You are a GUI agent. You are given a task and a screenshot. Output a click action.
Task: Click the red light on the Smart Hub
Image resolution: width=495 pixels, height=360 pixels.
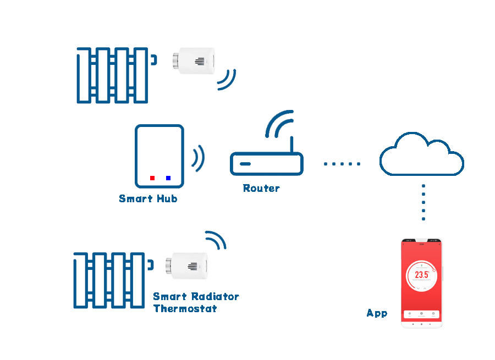(152, 178)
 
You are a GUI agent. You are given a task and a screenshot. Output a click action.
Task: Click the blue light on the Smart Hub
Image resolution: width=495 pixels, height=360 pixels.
(168, 178)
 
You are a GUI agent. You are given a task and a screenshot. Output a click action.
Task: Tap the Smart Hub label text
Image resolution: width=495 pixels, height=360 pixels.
(148, 198)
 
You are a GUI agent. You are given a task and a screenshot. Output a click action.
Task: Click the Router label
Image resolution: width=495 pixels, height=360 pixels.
(261, 188)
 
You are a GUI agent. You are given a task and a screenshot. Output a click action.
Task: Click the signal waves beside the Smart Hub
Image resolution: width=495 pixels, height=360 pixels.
(198, 158)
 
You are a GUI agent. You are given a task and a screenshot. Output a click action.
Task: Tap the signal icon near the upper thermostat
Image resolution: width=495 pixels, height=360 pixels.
(226, 80)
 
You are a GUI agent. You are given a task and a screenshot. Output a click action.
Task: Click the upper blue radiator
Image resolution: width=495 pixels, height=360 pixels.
(113, 75)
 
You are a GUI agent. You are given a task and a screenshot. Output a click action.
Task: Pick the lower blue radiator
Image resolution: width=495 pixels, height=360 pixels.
(109, 280)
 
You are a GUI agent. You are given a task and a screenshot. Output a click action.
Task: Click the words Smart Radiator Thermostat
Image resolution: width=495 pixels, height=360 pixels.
(196, 302)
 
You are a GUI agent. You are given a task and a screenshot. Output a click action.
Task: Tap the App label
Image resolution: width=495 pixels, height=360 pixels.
(377, 313)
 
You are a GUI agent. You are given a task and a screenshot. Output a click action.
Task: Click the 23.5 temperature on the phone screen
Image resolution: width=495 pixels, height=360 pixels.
(422, 274)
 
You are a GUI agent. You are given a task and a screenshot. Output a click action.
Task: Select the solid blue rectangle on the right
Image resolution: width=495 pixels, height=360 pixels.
(421, 154)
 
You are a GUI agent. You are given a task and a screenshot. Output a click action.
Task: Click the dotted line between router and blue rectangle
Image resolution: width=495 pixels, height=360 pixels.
(342, 164)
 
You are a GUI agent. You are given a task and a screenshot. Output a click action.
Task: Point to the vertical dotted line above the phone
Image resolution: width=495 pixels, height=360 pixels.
(424, 202)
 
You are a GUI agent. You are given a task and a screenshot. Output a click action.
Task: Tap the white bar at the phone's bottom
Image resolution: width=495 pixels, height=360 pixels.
(422, 314)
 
